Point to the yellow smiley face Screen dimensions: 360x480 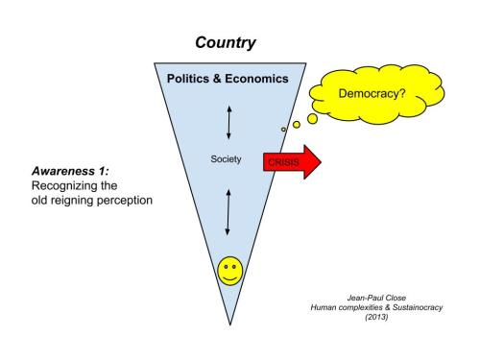click(x=228, y=271)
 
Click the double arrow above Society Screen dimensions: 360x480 click(x=228, y=122)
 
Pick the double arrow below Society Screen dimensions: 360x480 click(x=228, y=212)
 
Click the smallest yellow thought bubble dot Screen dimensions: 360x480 click(x=283, y=130)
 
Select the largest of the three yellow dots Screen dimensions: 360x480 click(x=312, y=119)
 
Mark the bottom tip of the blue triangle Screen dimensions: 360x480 click(x=228, y=325)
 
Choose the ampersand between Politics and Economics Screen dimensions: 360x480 click(x=217, y=81)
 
